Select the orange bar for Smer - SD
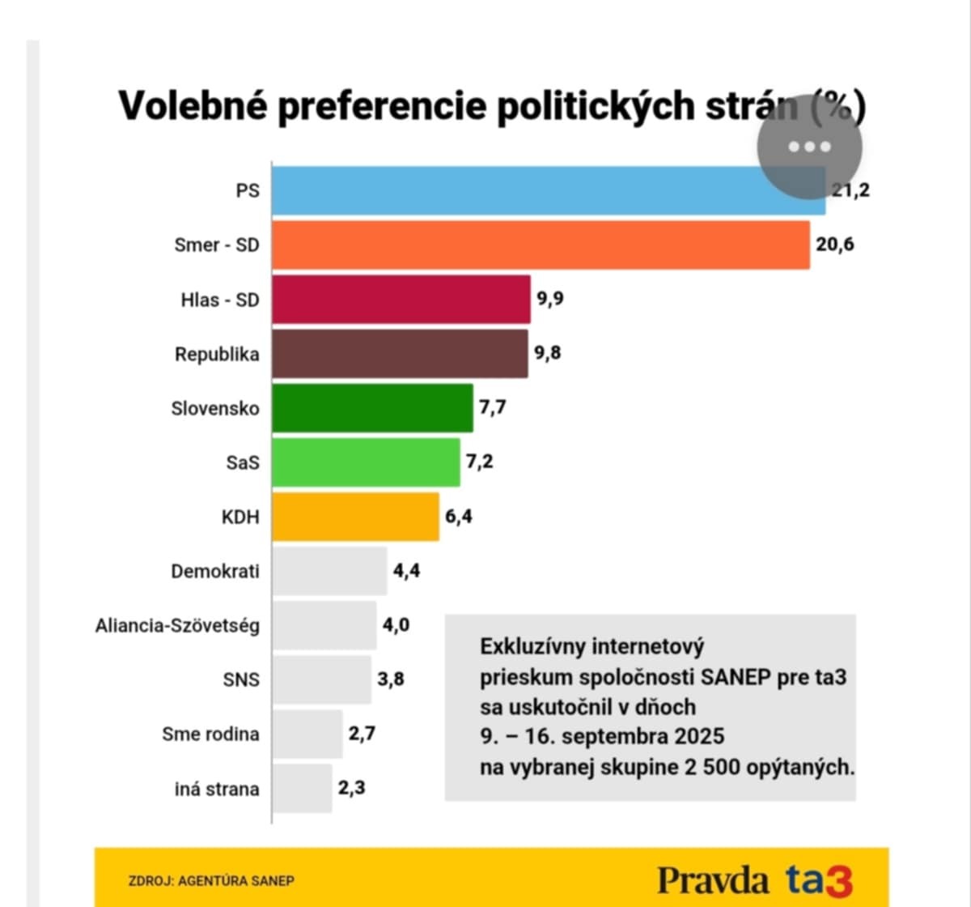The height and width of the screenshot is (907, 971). [x=541, y=245]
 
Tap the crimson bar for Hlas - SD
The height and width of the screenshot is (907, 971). [x=401, y=300]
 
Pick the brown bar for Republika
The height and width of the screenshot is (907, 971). [x=400, y=354]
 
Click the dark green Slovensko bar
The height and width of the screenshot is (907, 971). [x=372, y=408]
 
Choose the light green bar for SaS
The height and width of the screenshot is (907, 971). [x=366, y=462]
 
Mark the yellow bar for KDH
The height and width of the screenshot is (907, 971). [x=355, y=517]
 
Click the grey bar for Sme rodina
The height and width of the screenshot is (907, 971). [x=307, y=734]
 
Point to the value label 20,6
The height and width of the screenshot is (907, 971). [x=834, y=245]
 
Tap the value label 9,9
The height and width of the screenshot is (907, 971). [x=550, y=299]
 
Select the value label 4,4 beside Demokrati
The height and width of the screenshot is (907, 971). [x=406, y=571]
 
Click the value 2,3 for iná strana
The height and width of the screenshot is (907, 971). [x=351, y=788]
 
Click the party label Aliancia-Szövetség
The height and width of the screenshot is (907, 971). [x=177, y=626]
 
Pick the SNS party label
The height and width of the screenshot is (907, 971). [x=241, y=680]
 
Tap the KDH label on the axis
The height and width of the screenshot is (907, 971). [x=240, y=517]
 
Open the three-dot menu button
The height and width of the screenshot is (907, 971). [x=809, y=147]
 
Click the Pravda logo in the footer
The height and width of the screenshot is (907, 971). [x=712, y=879]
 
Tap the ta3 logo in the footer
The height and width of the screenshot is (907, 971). [x=819, y=879]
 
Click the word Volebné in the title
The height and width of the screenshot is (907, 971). [x=193, y=106]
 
